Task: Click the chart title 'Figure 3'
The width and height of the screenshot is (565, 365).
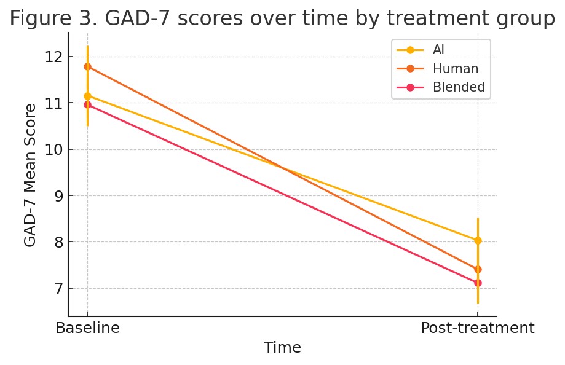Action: [282, 18]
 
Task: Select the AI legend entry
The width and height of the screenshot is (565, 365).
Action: [438, 50]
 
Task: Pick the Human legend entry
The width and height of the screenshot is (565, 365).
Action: [455, 69]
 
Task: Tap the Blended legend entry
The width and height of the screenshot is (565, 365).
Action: [459, 87]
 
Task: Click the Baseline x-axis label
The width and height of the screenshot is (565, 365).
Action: [87, 328]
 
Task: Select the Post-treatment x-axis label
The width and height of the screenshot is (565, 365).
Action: [477, 328]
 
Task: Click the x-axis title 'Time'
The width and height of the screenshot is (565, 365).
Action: [282, 348]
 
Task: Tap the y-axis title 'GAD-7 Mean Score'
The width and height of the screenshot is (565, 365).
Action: [30, 175]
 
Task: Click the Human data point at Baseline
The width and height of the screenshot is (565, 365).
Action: [87, 66]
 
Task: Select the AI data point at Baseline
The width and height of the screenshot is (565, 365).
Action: [87, 96]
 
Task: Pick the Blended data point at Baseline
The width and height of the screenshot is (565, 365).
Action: [87, 104]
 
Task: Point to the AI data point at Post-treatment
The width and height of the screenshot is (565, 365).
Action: [478, 240]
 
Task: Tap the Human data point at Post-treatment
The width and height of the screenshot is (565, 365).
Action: [478, 269]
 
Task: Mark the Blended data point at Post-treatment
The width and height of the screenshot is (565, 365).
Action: [478, 283]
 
